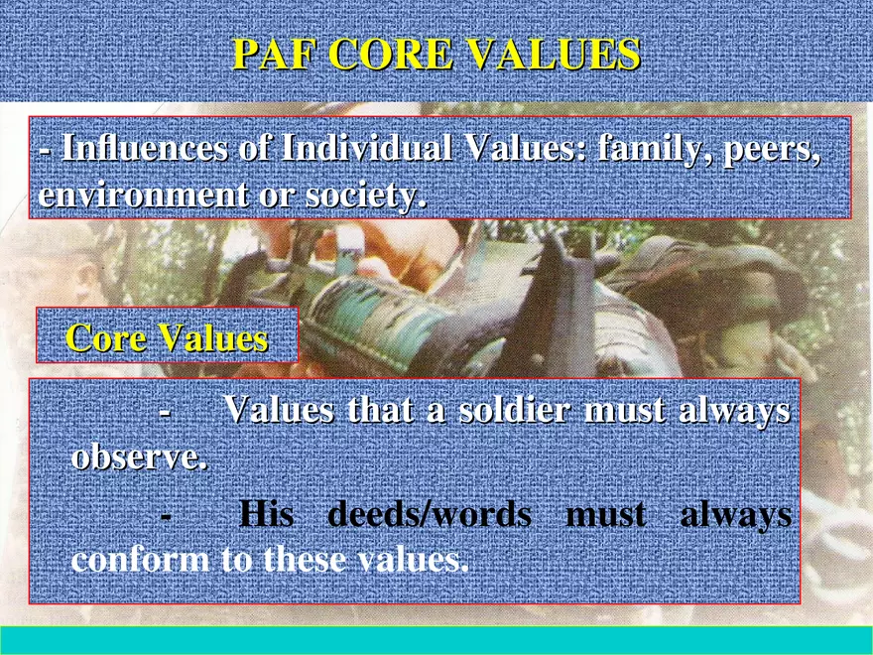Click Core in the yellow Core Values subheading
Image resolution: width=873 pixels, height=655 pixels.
pyautogui.click(x=107, y=338)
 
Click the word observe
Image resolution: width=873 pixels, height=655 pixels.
pyautogui.click(x=140, y=458)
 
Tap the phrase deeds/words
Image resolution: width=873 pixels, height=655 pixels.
pyautogui.click(x=429, y=514)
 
